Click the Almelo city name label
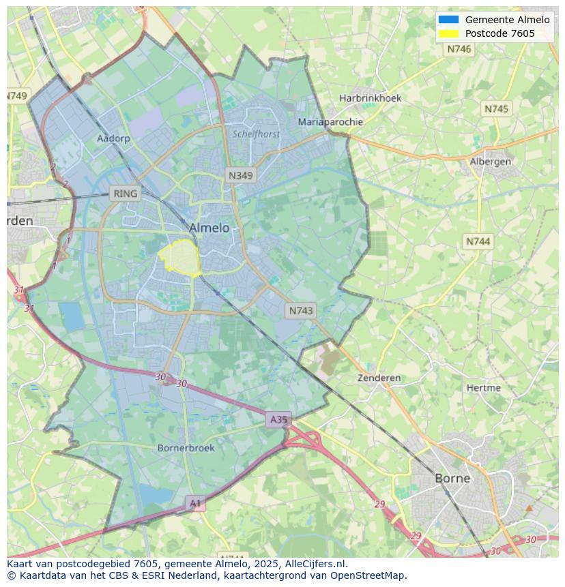click(x=209, y=228)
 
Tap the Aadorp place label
click(x=113, y=138)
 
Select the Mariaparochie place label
click(x=330, y=122)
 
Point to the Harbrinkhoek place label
click(x=371, y=98)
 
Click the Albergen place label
click(x=490, y=162)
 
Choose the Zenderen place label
click(x=379, y=378)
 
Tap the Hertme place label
click(x=484, y=388)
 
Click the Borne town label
click(x=452, y=478)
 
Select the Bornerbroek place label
click(x=186, y=448)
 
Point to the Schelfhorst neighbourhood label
click(x=256, y=134)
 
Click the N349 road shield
click(x=240, y=175)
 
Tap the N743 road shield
click(x=301, y=310)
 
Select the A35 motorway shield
click(x=278, y=419)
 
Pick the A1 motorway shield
click(x=195, y=503)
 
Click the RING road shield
click(x=125, y=194)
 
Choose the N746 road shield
click(x=459, y=49)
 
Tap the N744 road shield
click(x=478, y=241)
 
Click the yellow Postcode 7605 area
click(x=180, y=258)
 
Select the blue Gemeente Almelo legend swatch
click(x=448, y=20)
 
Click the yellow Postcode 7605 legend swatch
click(x=448, y=33)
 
